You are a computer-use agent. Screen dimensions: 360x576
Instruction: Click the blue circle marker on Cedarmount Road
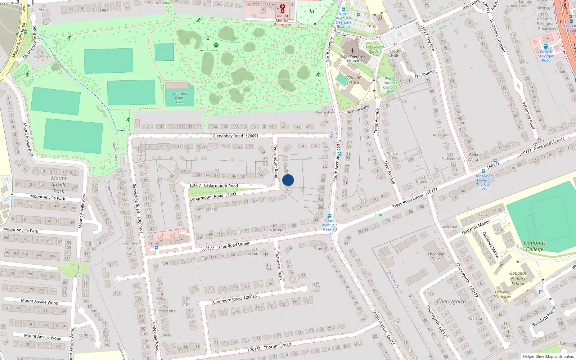tap(288, 180)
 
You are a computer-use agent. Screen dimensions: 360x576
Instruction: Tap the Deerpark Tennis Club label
tap(180, 98)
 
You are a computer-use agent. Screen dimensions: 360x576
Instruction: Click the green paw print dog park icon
tap(216, 45)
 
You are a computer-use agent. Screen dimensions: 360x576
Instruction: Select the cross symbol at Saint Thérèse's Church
tap(353, 51)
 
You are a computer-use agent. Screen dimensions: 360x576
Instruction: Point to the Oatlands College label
tap(535, 246)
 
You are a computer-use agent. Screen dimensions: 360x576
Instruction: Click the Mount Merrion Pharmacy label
tap(283, 21)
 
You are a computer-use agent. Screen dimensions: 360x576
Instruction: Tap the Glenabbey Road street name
tap(228, 136)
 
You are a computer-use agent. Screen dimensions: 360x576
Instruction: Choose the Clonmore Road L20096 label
tap(235, 299)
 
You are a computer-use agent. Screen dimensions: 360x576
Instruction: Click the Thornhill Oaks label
tap(436, 256)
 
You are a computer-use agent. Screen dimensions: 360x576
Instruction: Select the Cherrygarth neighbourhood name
tap(451, 301)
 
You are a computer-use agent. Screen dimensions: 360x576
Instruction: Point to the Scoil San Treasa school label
tap(353, 80)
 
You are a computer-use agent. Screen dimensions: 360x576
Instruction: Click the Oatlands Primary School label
tap(518, 278)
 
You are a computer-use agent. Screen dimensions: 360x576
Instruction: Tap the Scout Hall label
tap(394, 53)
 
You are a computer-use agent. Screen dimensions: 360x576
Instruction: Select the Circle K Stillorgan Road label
tap(546, 56)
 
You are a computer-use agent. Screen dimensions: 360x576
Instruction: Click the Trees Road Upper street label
tap(233, 245)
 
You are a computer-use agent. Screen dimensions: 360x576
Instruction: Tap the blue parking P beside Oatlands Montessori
tap(540, 292)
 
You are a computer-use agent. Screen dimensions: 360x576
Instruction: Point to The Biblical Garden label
tap(374, 49)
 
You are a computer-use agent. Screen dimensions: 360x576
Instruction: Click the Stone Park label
tap(324, 249)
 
